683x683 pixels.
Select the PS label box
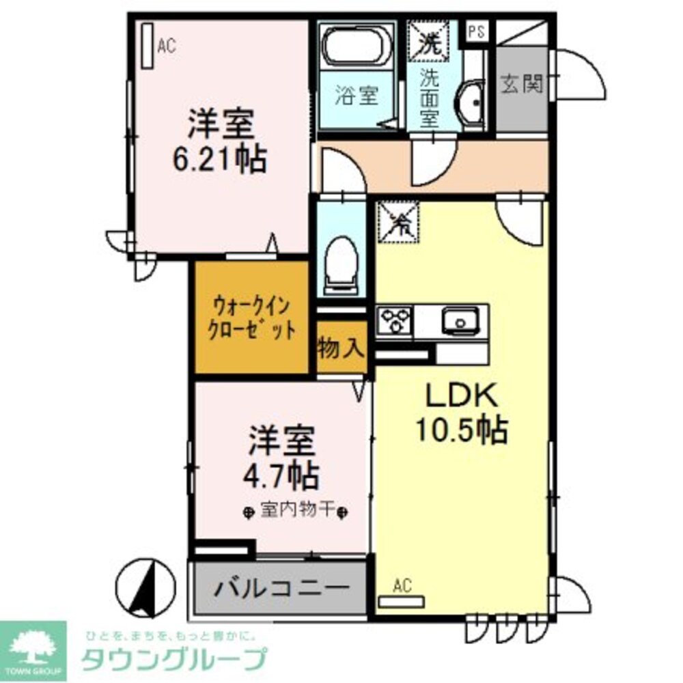476,31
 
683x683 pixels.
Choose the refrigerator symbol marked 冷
395,221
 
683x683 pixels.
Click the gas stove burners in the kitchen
395,320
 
